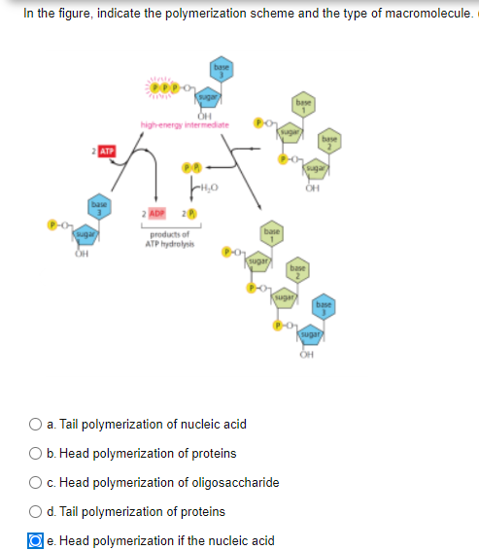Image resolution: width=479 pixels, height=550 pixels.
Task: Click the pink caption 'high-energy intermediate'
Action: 184,123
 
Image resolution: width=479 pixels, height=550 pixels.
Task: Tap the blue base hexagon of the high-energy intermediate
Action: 220,71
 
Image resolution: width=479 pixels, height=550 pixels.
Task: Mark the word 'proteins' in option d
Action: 201,511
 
